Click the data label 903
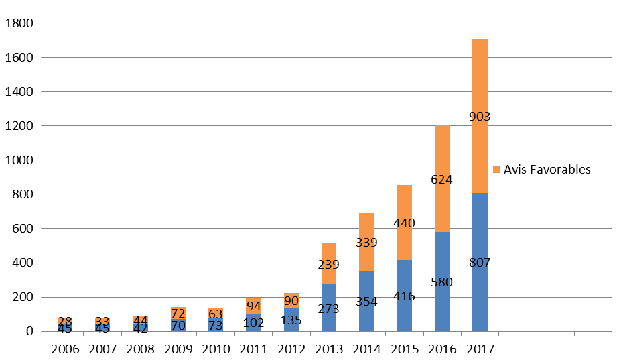(480, 117)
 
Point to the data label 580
(442, 282)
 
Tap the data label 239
(329, 265)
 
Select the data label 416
(405, 296)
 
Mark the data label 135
(291, 320)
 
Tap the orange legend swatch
(496, 169)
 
